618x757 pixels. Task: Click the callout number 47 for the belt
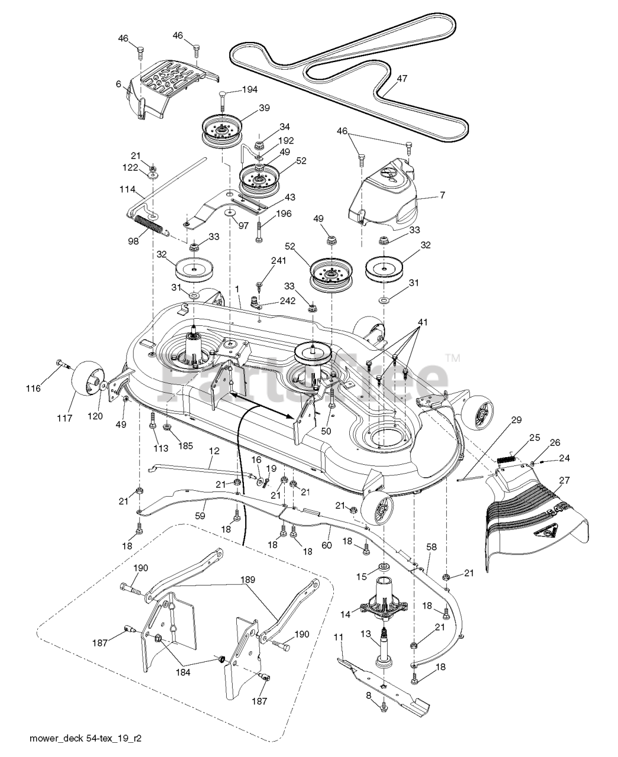pos(402,78)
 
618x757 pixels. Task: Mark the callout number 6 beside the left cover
pos(119,85)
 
